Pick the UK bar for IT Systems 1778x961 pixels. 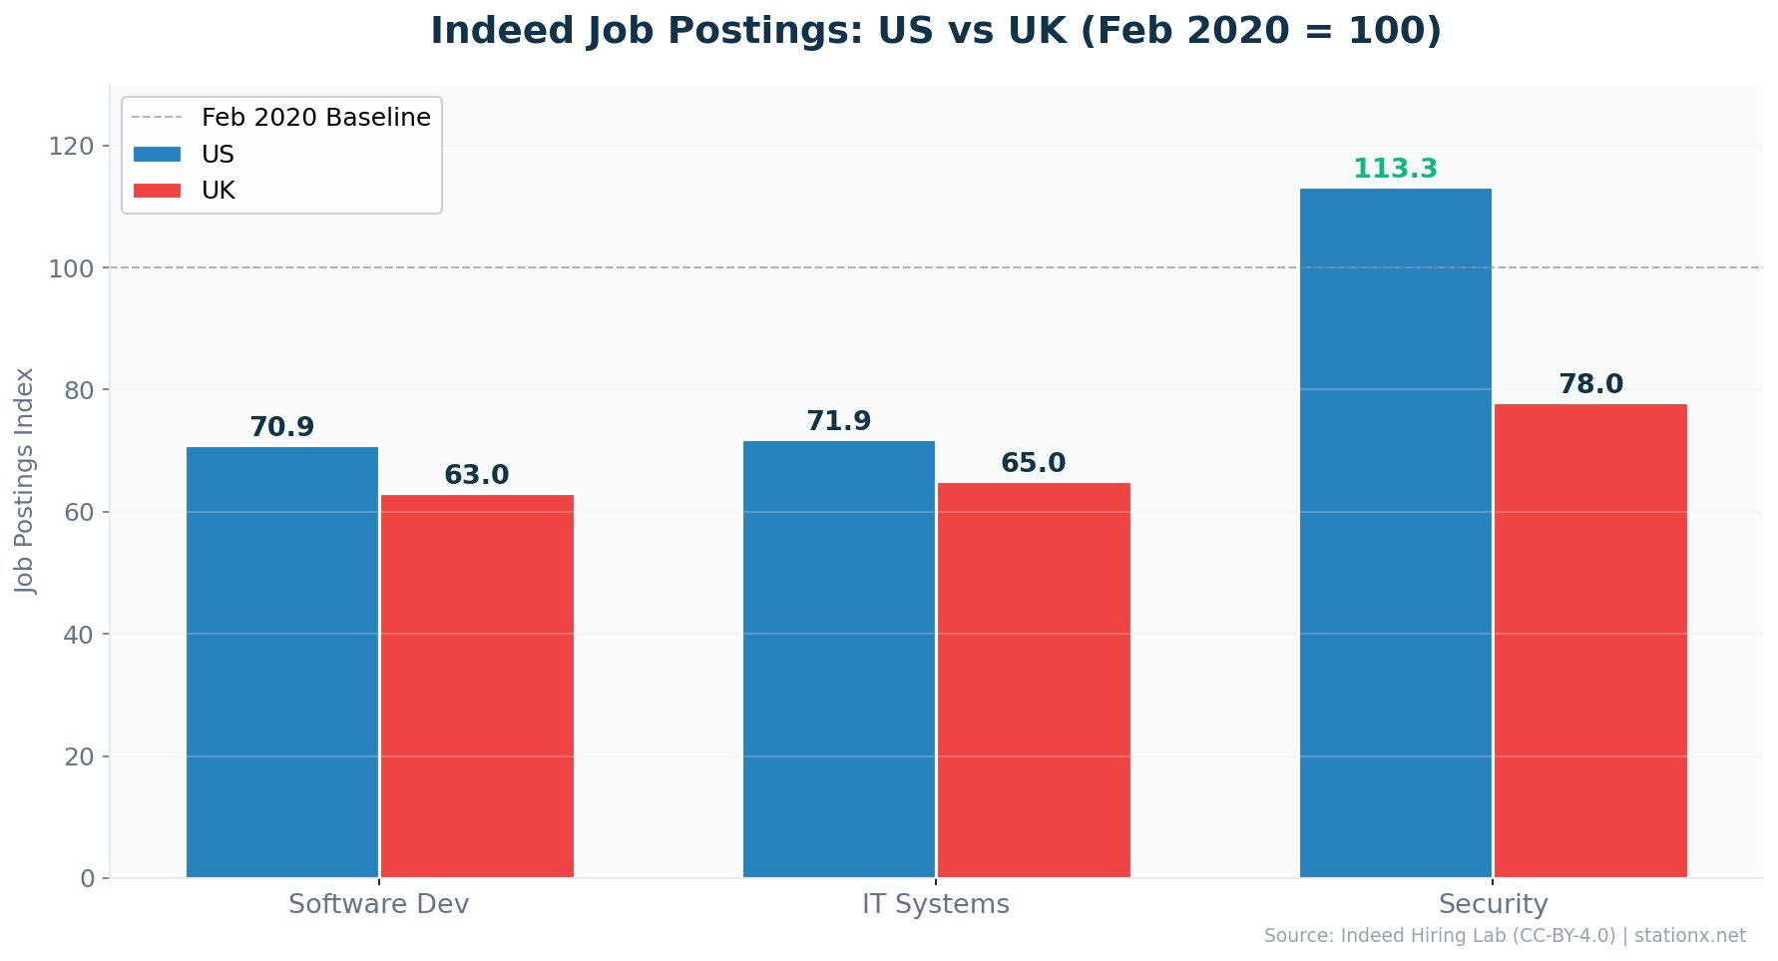point(1034,681)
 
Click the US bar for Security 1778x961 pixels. point(1395,533)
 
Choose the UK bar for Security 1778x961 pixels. point(1590,641)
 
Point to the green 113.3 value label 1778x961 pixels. point(1395,170)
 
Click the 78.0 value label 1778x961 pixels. point(1590,384)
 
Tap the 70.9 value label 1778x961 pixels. point(282,427)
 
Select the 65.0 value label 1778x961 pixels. point(1034,463)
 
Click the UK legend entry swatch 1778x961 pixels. point(158,191)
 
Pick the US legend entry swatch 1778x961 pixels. point(158,154)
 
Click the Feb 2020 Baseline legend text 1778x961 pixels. point(316,118)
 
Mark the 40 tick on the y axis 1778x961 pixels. point(79,635)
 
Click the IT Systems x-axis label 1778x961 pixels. point(936,904)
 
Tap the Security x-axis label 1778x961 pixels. point(1493,904)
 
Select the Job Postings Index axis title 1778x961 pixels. point(25,481)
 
